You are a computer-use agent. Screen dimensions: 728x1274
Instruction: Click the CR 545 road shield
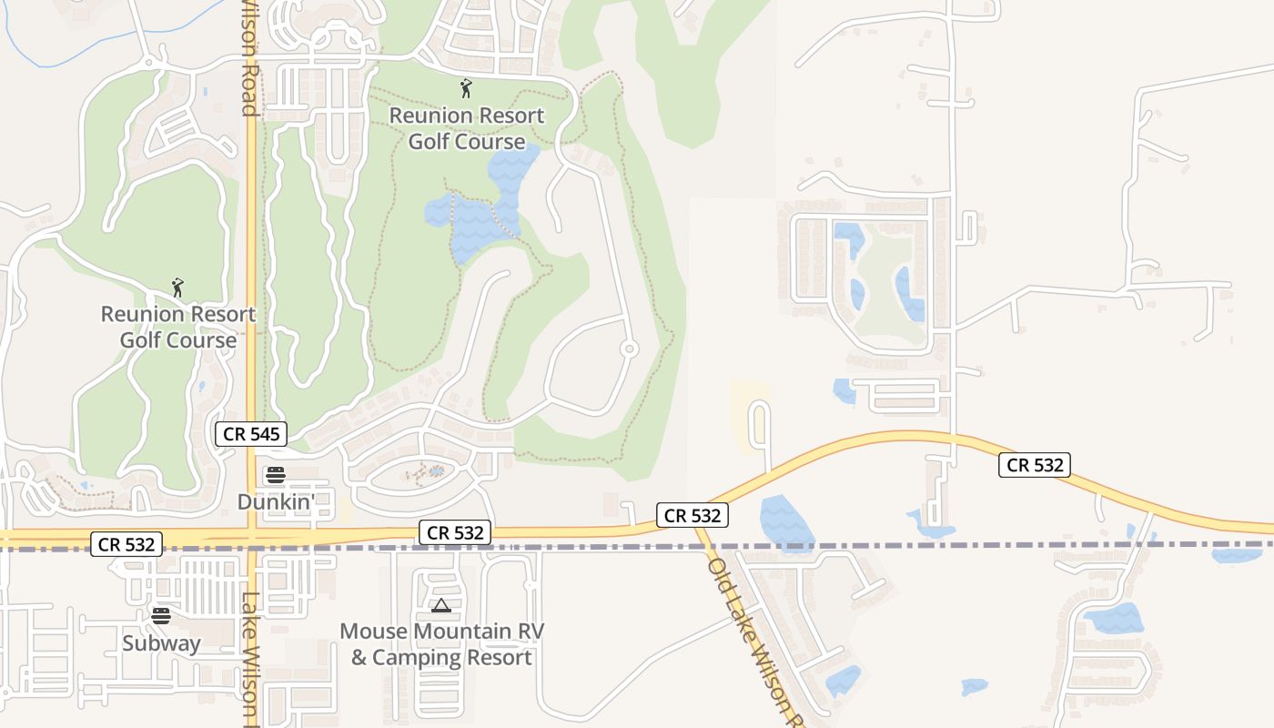(252, 434)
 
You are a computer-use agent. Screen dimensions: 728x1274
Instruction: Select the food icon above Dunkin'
(275, 474)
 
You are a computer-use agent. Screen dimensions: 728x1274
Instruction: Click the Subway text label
(161, 643)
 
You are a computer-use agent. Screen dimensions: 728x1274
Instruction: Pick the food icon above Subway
(161, 615)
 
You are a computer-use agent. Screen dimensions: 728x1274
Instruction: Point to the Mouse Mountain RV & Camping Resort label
(441, 644)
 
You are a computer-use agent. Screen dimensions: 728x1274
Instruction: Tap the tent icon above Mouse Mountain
(441, 606)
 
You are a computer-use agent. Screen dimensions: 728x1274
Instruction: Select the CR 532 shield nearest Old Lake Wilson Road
(693, 515)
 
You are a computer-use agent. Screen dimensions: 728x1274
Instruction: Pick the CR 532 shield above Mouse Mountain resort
(455, 532)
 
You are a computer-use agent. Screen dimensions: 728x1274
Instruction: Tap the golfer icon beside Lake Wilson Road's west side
(177, 288)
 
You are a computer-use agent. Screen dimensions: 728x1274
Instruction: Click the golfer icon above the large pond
(466, 88)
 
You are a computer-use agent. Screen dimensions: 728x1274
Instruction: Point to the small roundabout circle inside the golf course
(629, 349)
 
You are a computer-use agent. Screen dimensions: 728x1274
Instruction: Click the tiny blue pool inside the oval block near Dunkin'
(437, 470)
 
